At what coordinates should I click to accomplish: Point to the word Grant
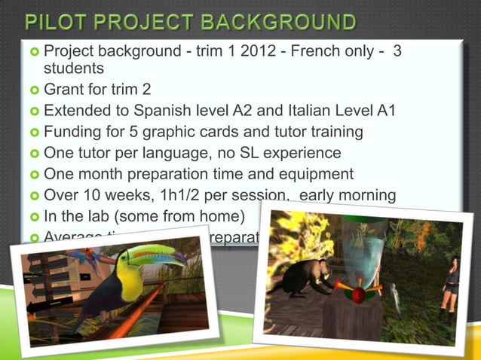(x=65, y=90)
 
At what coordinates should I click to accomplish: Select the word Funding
(x=73, y=132)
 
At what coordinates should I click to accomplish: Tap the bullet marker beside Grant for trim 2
(x=33, y=90)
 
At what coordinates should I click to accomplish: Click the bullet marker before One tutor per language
(x=33, y=154)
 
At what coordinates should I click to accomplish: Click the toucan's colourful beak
(x=161, y=260)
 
